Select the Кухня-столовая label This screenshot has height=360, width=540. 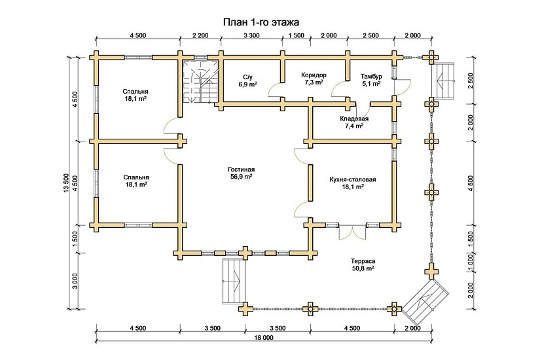(x=353, y=178)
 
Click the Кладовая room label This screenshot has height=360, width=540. (x=353, y=118)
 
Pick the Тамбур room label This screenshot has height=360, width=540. (x=371, y=76)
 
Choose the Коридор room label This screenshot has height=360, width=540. (x=314, y=75)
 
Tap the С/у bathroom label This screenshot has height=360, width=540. (x=247, y=77)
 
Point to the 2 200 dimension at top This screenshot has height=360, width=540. (x=200, y=35)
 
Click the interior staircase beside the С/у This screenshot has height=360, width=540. (x=200, y=81)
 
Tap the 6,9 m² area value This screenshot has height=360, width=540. (x=247, y=85)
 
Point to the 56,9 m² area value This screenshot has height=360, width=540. (x=242, y=177)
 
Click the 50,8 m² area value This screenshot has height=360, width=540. (x=362, y=268)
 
